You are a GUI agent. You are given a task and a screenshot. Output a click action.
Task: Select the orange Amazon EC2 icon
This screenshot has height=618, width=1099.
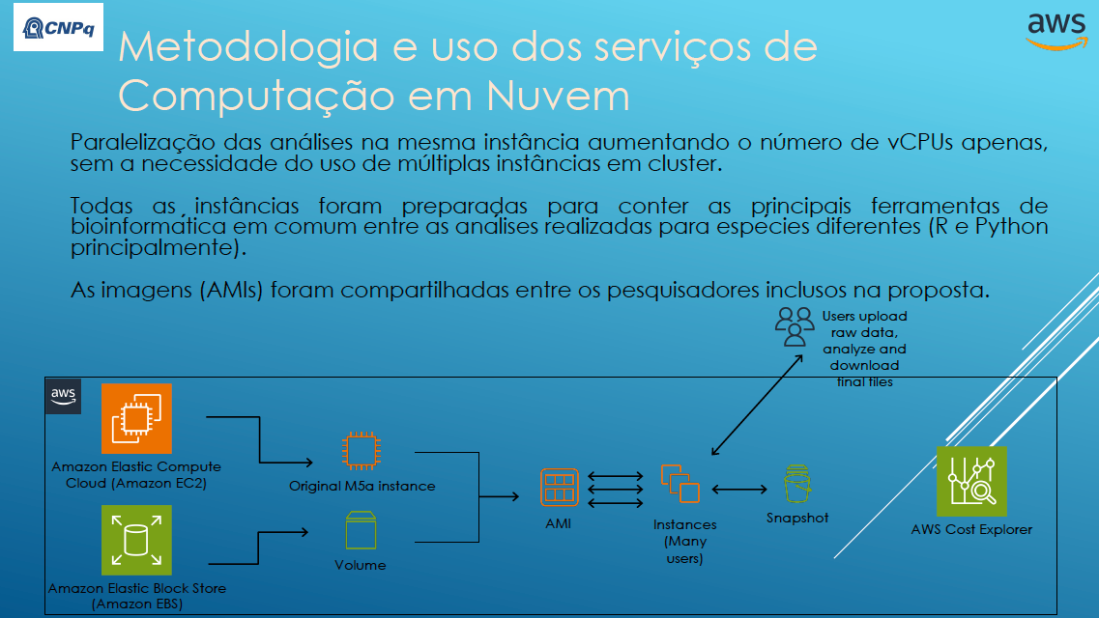(x=136, y=419)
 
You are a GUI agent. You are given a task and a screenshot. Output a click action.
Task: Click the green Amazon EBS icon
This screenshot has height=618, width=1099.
(x=136, y=540)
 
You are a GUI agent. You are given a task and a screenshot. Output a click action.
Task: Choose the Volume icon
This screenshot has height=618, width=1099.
(x=361, y=532)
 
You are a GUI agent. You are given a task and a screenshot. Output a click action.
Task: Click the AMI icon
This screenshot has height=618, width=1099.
(x=559, y=487)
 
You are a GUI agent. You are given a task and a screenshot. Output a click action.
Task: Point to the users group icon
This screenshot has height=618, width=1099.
(x=795, y=326)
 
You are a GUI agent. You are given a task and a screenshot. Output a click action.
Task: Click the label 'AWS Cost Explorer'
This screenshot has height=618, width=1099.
(x=971, y=529)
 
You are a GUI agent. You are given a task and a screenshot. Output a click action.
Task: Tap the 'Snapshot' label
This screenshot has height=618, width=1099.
(x=797, y=518)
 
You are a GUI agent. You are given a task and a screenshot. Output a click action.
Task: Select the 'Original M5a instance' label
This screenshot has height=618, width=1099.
(x=362, y=486)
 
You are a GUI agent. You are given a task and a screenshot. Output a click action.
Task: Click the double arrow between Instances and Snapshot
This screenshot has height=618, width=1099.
(x=738, y=490)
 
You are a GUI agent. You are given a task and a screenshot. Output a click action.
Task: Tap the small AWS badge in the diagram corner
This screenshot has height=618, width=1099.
(x=64, y=395)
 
